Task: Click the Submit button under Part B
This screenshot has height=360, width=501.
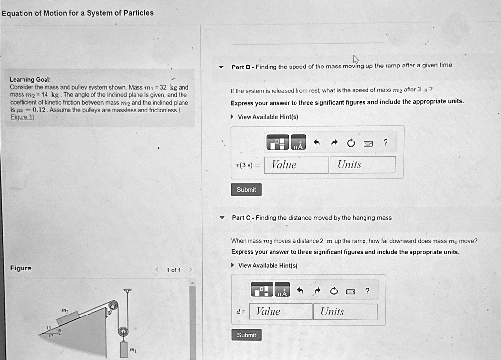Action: click(246, 190)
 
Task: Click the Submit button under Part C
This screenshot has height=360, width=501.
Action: click(246, 335)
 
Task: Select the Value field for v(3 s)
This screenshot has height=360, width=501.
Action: click(296, 165)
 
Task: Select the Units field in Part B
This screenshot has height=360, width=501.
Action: click(363, 165)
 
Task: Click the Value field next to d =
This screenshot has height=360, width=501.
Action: click(280, 312)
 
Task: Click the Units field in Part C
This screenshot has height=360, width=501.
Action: click(345, 312)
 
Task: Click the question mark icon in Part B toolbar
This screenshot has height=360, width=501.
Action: click(386, 143)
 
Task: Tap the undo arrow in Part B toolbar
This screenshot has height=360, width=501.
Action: click(317, 143)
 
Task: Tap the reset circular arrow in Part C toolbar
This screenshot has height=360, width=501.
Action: click(334, 291)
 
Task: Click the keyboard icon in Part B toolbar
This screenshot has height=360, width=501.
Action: click(368, 143)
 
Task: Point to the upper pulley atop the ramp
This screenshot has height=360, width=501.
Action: click(114, 307)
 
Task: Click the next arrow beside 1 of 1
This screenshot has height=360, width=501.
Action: click(191, 270)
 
